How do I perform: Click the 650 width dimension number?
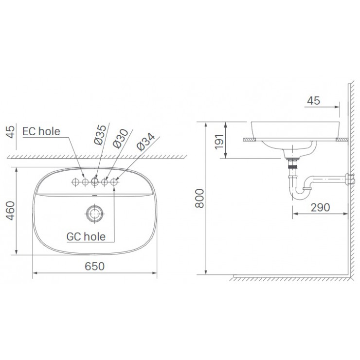pyautogui.click(x=95, y=266)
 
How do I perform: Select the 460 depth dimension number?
pyautogui.click(x=10, y=210)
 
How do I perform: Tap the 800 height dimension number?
pyautogui.click(x=198, y=198)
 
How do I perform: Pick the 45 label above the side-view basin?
pyautogui.click(x=314, y=101)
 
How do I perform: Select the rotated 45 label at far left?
pyautogui.click(x=10, y=133)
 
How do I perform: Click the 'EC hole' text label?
pyautogui.click(x=42, y=131)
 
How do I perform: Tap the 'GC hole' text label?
pyautogui.click(x=86, y=236)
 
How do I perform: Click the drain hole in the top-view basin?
pyautogui.click(x=94, y=213)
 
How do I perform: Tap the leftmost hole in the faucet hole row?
pyautogui.click(x=75, y=181)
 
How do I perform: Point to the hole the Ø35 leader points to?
pyautogui.click(x=95, y=181)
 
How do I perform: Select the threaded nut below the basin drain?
pyautogui.click(x=292, y=164)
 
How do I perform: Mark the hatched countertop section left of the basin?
pyautogui.click(x=248, y=140)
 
